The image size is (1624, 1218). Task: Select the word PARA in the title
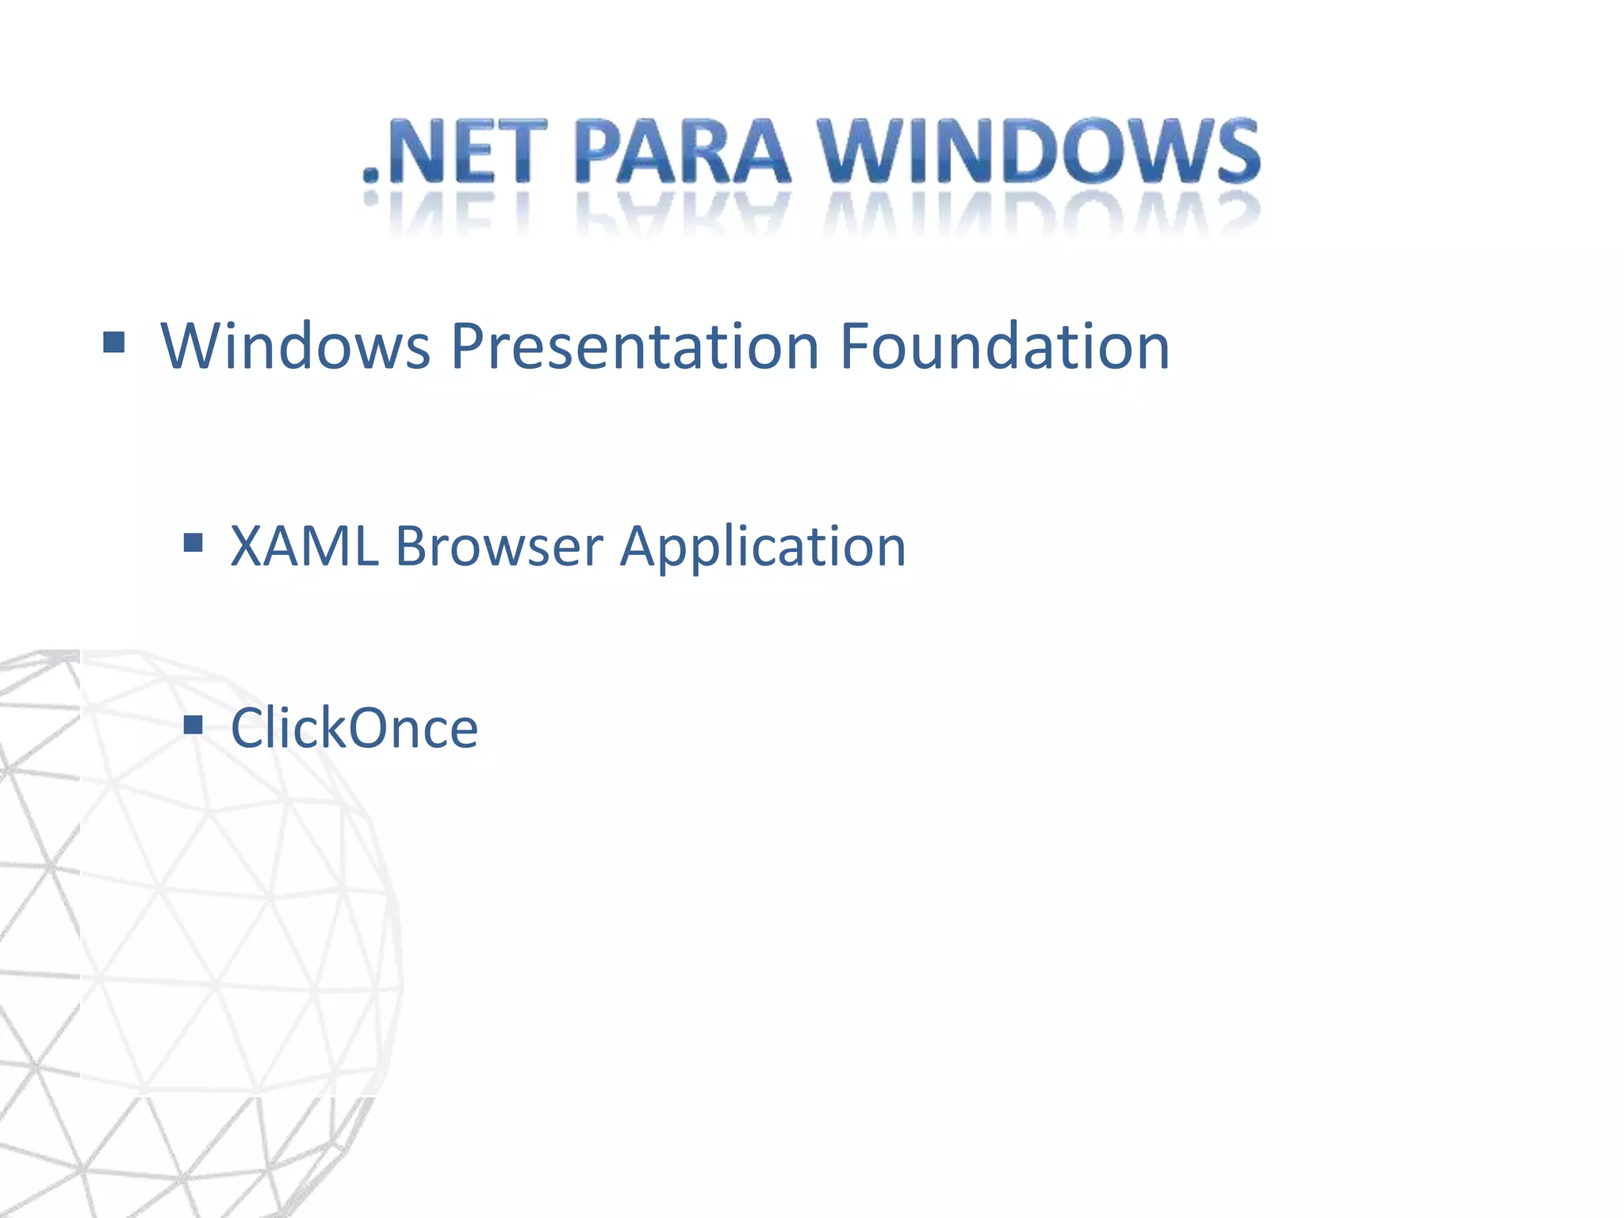click(x=683, y=152)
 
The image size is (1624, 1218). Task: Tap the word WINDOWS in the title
click(x=1040, y=152)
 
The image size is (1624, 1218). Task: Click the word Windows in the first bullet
click(x=296, y=347)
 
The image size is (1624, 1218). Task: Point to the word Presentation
click(x=635, y=348)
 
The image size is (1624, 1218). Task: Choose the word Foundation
click(x=1005, y=347)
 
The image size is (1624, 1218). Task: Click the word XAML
click(x=304, y=546)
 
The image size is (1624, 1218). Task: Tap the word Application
click(x=762, y=548)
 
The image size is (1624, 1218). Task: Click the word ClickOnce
click(x=354, y=728)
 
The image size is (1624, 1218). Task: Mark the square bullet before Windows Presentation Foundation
click(x=114, y=343)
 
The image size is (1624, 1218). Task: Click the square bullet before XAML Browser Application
click(x=193, y=542)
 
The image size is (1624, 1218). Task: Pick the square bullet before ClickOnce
click(x=193, y=724)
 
